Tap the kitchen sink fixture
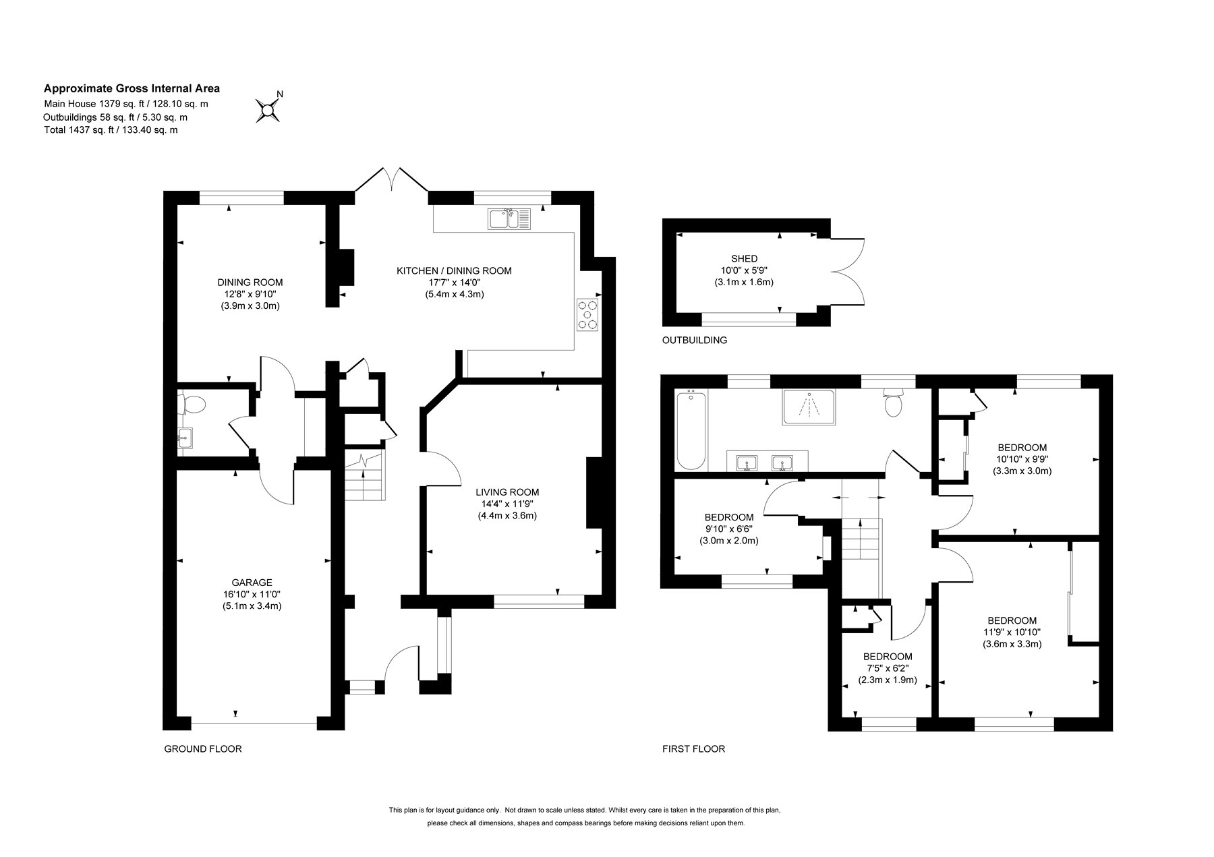pyautogui.click(x=511, y=219)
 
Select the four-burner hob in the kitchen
pyautogui.click(x=587, y=315)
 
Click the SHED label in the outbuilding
pyautogui.click(x=744, y=258)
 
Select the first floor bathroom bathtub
pyautogui.click(x=691, y=430)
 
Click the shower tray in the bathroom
pyautogui.click(x=808, y=407)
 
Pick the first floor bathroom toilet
pyautogui.click(x=893, y=403)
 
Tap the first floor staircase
pyautogui.click(x=862, y=539)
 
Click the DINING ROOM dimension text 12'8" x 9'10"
pyautogui.click(x=250, y=294)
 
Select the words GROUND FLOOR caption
pyautogui.click(x=203, y=748)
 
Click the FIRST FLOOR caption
pyautogui.click(x=693, y=748)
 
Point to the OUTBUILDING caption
pyautogui.click(x=695, y=340)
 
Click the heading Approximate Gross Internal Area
pyautogui.click(x=132, y=88)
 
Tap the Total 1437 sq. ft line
pyautogui.click(x=111, y=129)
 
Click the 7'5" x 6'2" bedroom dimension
pyautogui.click(x=888, y=668)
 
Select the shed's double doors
pyautogui.click(x=847, y=272)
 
